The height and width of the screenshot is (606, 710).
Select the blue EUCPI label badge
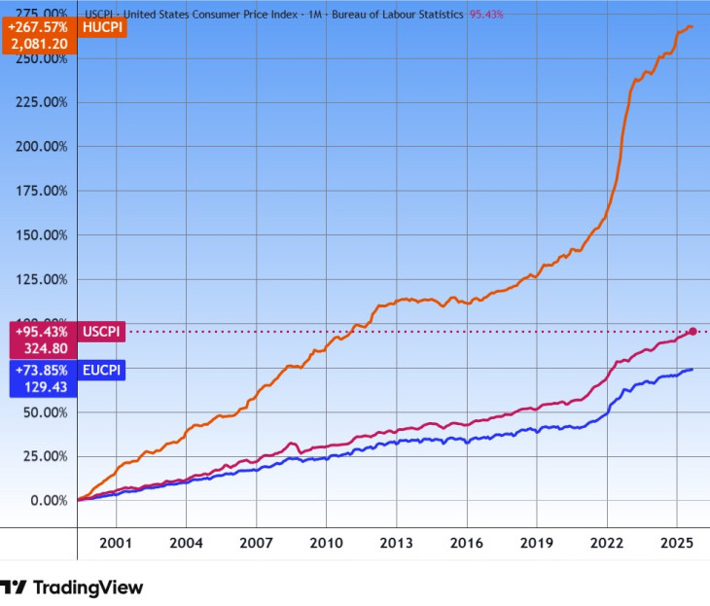click(100, 371)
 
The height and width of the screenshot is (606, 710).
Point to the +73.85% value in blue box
click(39, 371)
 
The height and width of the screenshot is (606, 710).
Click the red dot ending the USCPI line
click(692, 332)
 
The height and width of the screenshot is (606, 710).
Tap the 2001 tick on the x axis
click(116, 541)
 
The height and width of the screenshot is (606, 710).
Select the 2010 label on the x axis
click(326, 541)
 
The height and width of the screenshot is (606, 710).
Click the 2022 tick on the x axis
click(607, 541)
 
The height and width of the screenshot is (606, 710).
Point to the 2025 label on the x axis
click(677, 541)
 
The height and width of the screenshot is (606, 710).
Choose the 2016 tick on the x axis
click(467, 541)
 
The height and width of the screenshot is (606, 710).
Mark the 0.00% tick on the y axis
click(46, 501)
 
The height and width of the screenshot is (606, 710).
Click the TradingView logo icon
click(14, 588)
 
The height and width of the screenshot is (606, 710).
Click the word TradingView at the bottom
click(88, 588)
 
